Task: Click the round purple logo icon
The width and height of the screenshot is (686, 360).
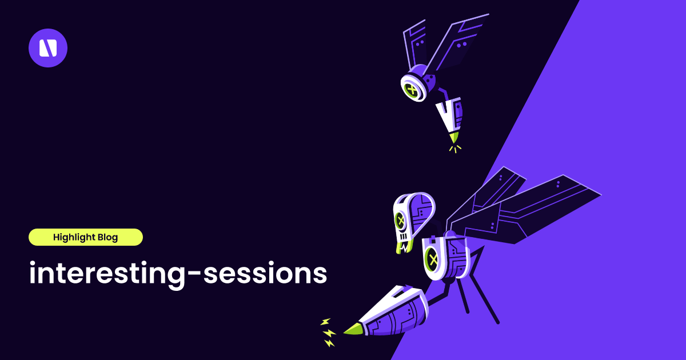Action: pos(48,48)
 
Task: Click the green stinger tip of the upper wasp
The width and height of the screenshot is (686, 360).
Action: pos(454,138)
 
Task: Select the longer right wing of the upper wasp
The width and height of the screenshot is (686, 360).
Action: pos(457,43)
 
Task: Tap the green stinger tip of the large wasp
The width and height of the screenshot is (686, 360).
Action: pos(353,329)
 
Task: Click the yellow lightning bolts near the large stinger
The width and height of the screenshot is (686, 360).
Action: pos(328,333)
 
